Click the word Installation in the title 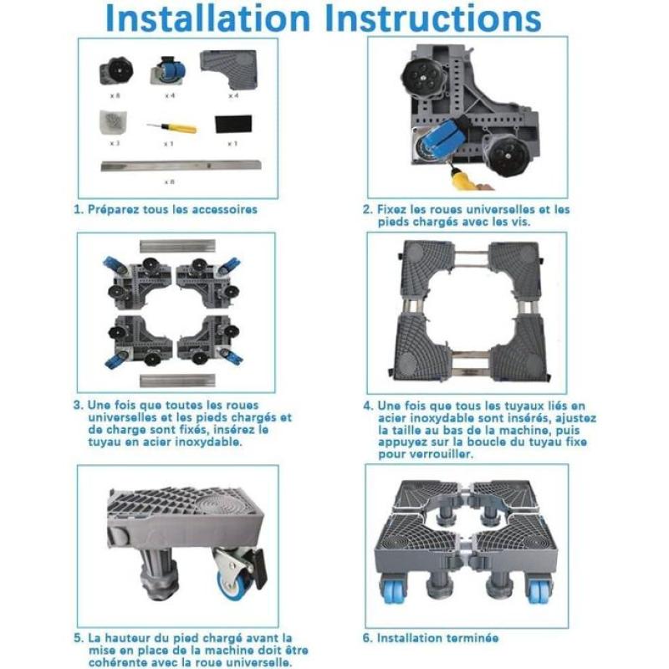[207, 18]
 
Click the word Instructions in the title [432, 18]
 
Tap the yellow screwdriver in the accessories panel [171, 127]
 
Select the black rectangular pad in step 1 [233, 124]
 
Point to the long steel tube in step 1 [181, 166]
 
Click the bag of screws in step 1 [113, 123]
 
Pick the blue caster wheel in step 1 [169, 70]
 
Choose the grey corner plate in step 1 [229, 69]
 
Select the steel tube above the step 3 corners [177, 246]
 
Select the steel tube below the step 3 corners [177, 380]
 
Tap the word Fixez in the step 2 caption [391, 210]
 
